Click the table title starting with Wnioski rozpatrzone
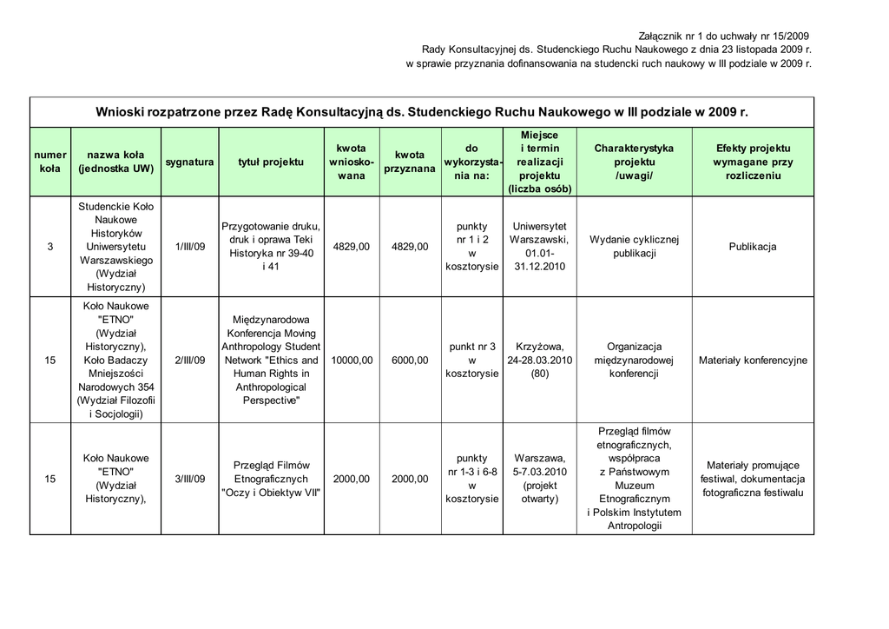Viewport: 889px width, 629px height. [421, 112]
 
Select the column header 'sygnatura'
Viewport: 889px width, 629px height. [190, 162]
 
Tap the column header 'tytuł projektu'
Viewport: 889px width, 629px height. [271, 162]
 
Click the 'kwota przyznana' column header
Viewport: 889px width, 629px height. [410, 162]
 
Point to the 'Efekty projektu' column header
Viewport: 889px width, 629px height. [753, 162]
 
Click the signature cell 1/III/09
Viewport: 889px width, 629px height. [190, 247]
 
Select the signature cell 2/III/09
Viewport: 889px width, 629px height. [190, 361]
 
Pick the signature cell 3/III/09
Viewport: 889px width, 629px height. [190, 479]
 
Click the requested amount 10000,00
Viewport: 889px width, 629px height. [352, 361]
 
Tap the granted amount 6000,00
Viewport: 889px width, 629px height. [410, 361]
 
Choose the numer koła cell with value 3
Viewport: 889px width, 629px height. [50, 247]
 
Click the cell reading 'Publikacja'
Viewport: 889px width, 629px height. [753, 247]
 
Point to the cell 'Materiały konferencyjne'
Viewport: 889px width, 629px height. [753, 361]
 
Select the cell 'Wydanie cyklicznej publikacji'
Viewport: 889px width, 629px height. [634, 247]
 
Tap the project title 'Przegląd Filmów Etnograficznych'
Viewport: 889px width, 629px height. [271, 479]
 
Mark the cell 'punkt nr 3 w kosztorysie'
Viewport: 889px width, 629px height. [472, 361]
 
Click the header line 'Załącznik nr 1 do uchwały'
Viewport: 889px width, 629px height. [723, 36]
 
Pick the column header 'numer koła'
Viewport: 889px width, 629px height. [50, 162]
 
